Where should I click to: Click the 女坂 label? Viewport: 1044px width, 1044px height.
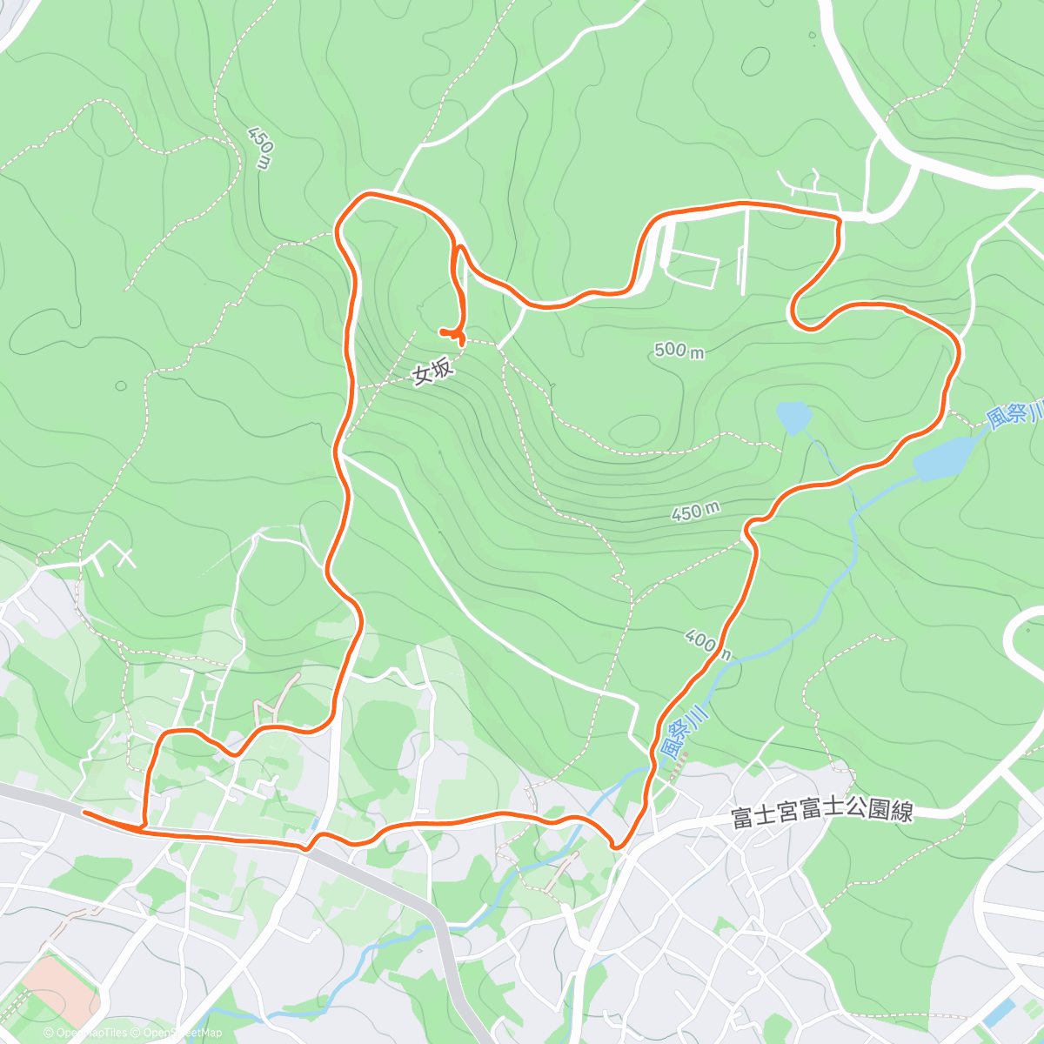pyautogui.click(x=432, y=372)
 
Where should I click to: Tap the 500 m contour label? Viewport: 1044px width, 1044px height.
pyautogui.click(x=679, y=350)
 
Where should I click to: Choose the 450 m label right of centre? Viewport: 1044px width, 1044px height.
pyautogui.click(x=696, y=512)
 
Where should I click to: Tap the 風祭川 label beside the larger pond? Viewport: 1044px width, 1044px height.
pyautogui.click(x=1014, y=413)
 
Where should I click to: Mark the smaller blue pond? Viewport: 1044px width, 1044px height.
pyautogui.click(x=793, y=418)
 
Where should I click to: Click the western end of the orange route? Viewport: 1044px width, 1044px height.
pyautogui.click(x=84, y=812)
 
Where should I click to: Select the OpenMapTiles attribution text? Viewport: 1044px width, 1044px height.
pyautogui.click(x=91, y=1033)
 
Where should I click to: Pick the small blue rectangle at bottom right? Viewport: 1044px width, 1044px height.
pyautogui.click(x=1000, y=1012)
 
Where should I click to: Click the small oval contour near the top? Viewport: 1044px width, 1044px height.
pyautogui.click(x=755, y=60)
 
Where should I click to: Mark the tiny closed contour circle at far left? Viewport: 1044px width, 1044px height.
pyautogui.click(x=120, y=385)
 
